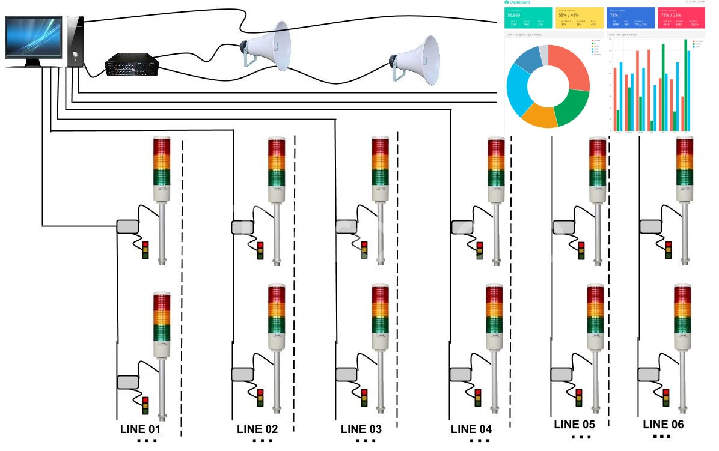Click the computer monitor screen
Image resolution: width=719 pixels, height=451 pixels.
click(33, 37)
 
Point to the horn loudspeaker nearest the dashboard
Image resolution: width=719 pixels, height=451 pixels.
click(418, 59)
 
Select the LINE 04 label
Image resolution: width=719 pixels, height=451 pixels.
click(471, 429)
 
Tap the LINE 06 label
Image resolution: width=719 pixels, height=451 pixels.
click(663, 425)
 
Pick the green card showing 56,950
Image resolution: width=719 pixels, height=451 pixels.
click(528, 18)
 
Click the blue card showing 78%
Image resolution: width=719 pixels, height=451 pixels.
click(631, 18)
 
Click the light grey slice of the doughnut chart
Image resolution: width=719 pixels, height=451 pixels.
click(544, 55)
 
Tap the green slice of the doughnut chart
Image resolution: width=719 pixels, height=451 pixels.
click(573, 107)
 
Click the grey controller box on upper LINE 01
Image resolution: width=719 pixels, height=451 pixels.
click(127, 226)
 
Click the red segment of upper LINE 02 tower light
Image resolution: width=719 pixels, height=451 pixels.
click(276, 147)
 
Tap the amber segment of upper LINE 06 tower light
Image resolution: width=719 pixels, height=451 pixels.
click(685, 162)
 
